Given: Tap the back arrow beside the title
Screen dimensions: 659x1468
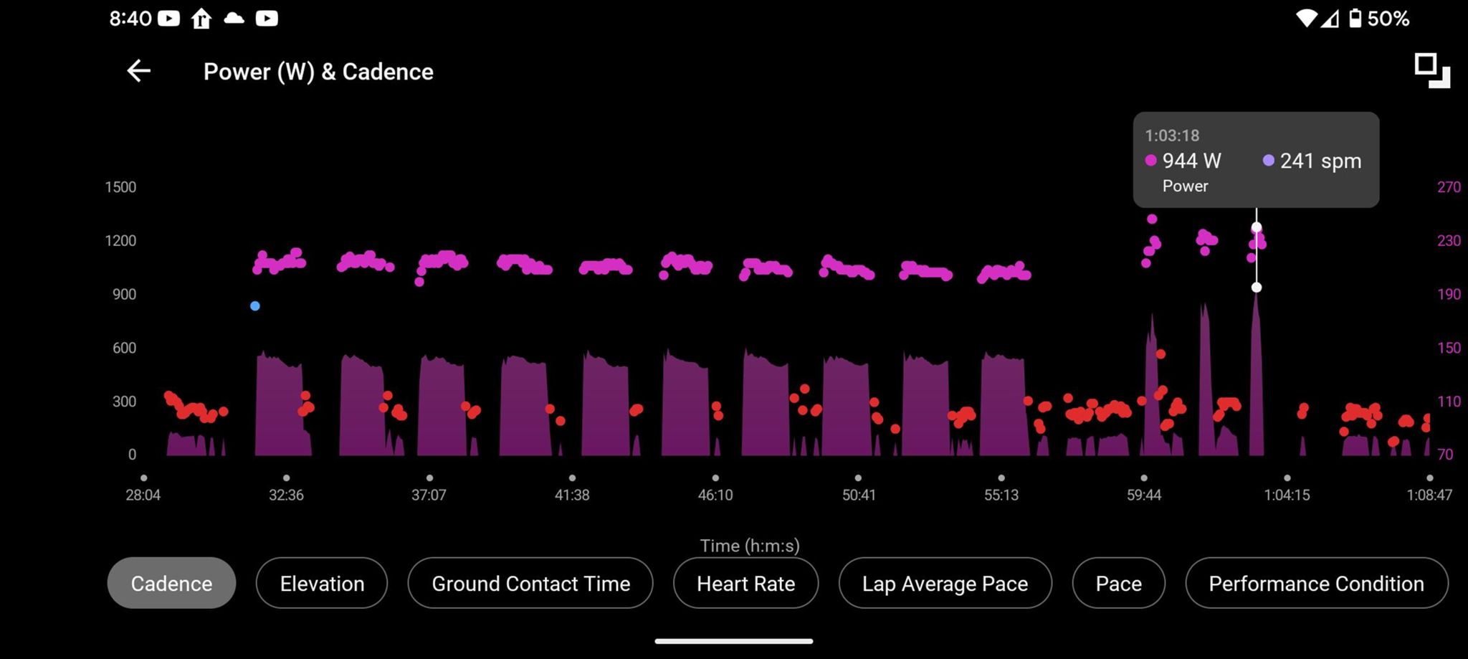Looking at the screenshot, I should [x=138, y=71].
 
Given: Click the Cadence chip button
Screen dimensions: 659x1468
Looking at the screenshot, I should [x=171, y=584].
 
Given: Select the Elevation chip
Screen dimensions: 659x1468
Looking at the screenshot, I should [x=322, y=584].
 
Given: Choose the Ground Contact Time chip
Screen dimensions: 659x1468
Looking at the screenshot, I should [x=530, y=584].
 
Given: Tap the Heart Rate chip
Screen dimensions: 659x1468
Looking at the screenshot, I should [x=745, y=584].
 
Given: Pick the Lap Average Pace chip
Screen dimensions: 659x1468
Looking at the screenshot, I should [x=945, y=584].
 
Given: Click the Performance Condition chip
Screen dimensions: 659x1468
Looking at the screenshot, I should [x=1316, y=584].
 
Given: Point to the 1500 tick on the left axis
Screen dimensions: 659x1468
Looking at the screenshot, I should [x=120, y=187].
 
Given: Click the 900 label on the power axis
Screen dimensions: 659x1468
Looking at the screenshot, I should [x=124, y=294].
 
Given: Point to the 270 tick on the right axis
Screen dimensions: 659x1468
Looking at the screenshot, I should [x=1449, y=187].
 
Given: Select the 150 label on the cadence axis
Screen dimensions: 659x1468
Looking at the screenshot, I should [x=1449, y=348].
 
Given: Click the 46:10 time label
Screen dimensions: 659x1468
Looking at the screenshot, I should [x=715, y=495].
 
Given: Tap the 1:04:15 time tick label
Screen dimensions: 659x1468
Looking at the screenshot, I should [x=1287, y=495].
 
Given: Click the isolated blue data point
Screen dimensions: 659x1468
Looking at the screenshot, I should [x=255, y=306].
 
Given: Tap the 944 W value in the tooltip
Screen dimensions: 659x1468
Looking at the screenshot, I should [x=1191, y=161].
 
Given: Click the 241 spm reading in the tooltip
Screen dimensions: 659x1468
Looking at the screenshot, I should [x=1320, y=161].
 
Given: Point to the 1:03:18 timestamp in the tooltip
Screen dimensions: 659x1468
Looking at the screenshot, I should [x=1172, y=136].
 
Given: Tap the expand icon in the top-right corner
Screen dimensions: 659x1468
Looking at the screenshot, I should [x=1431, y=70].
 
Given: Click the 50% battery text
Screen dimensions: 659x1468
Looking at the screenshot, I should [x=1388, y=19].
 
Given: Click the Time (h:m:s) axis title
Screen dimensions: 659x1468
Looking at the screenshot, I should [x=750, y=546].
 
